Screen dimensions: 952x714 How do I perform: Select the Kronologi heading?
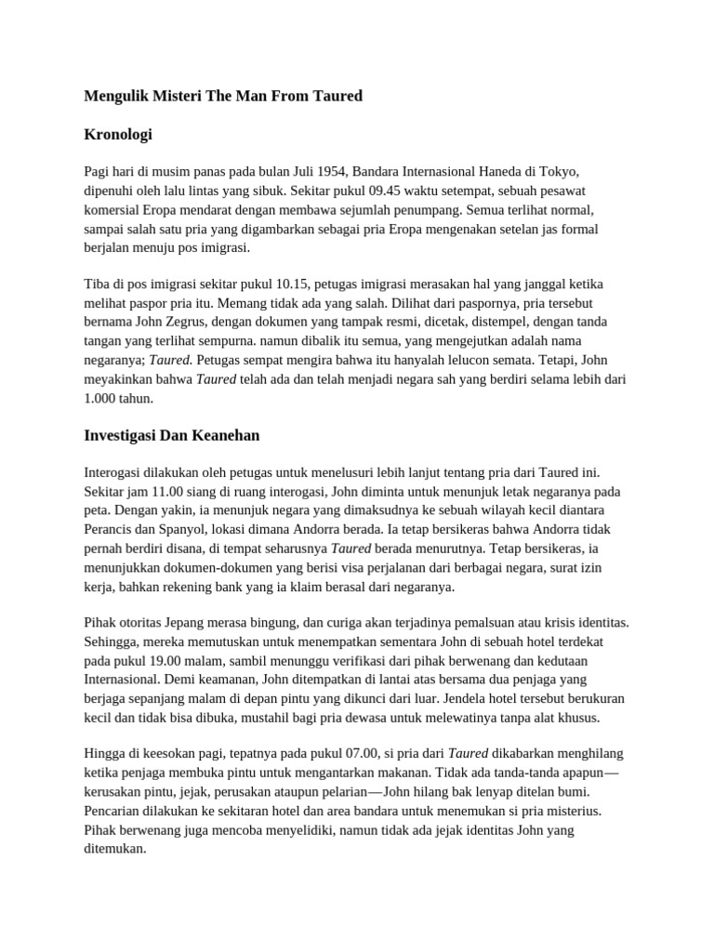(x=118, y=135)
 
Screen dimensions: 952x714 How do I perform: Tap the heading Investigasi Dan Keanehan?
(x=172, y=434)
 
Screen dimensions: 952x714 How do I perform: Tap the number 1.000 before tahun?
(x=99, y=398)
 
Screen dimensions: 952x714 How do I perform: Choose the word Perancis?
(x=109, y=528)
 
